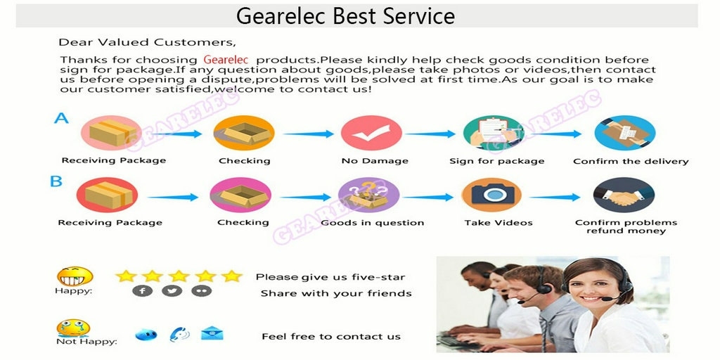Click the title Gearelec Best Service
[x=345, y=15]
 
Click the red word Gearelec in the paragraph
[x=226, y=60]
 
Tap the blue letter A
[x=62, y=118]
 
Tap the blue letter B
[x=56, y=181]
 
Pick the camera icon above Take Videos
[x=491, y=195]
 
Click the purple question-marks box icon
[x=368, y=195]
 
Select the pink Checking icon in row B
[x=240, y=195]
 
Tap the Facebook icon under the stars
[x=143, y=291]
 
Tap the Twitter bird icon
[x=172, y=291]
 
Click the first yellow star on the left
[x=126, y=276]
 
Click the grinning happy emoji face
[x=75, y=276]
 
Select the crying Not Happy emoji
[x=73, y=328]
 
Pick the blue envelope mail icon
[x=212, y=333]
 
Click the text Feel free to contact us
[x=331, y=337]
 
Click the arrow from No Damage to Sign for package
[x=430, y=134]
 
